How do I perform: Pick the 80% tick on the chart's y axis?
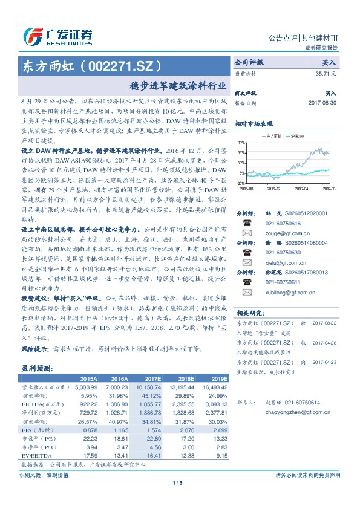click(x=241, y=143)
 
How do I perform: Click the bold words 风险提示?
click(x=33, y=349)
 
